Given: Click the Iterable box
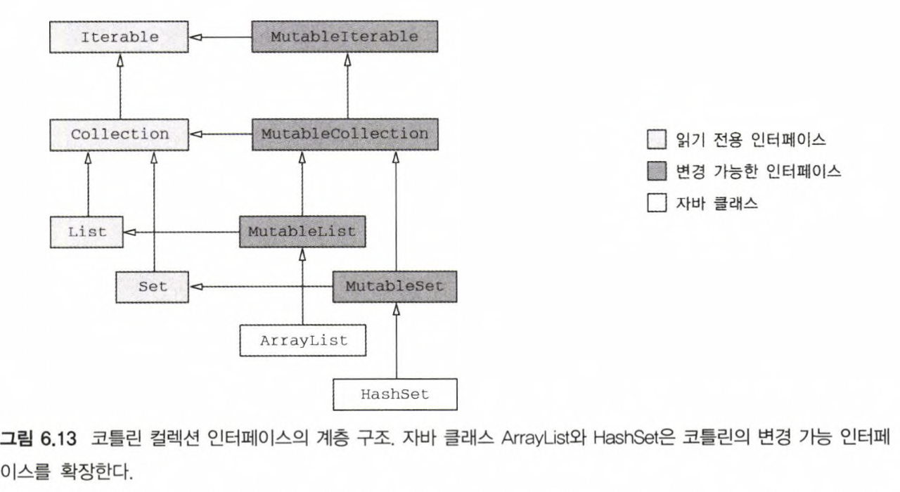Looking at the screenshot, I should (120, 37).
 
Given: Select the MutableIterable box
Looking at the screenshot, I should (345, 37).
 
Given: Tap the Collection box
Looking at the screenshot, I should (120, 133).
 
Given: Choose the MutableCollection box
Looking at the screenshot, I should (345, 133).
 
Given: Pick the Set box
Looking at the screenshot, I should (153, 287).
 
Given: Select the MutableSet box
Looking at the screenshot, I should (394, 287).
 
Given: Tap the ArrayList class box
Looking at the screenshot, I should (304, 341).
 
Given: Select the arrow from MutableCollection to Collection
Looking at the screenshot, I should (221, 133).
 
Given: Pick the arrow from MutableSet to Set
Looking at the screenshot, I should (261, 287).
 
